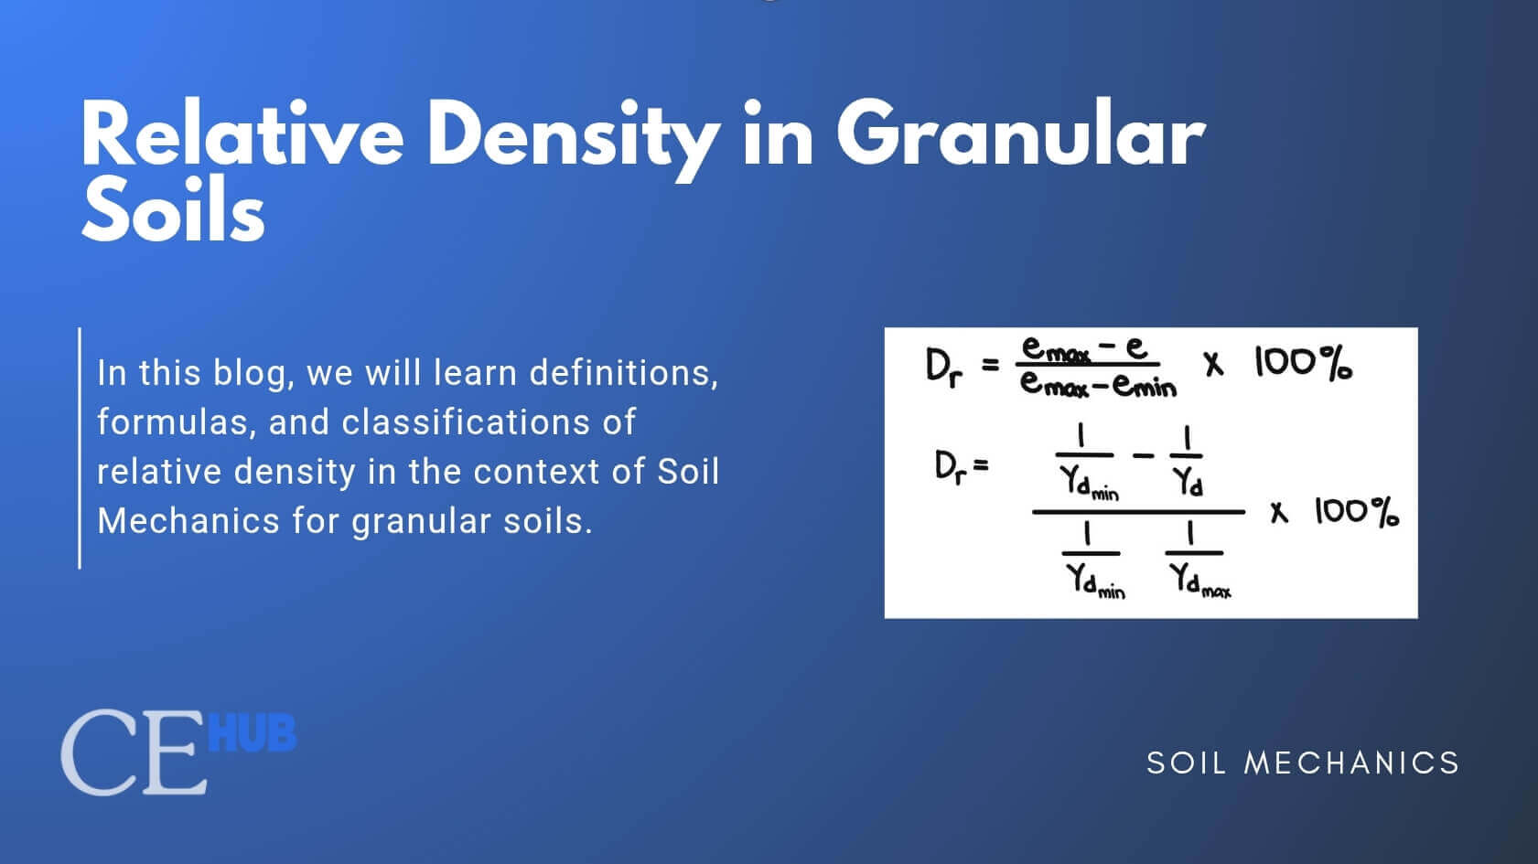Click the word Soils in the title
point(174,213)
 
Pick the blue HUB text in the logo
point(253,734)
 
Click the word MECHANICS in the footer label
point(1351,763)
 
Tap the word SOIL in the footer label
point(1187,763)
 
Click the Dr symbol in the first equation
point(943,368)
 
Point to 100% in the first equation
point(1303,364)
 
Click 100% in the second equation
point(1357,512)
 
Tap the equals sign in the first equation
point(989,365)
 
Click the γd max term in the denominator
point(1200,580)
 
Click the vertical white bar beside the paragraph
point(80,448)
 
